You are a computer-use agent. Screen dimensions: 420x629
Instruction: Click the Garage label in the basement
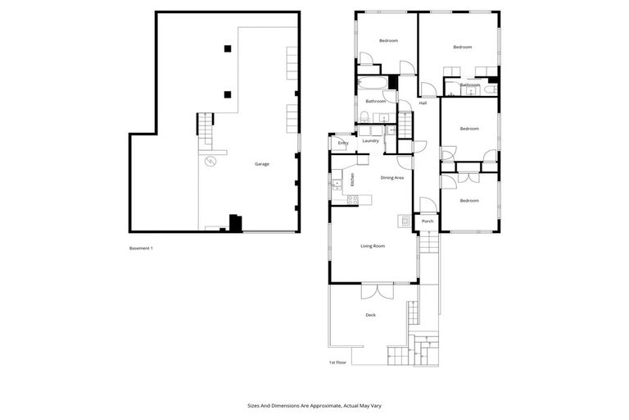tap(261, 164)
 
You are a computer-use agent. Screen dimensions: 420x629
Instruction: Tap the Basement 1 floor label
tap(142, 249)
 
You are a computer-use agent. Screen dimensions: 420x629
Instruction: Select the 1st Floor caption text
tap(337, 362)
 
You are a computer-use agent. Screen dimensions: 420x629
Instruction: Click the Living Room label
tap(373, 245)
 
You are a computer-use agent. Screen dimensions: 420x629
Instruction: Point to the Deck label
tap(370, 315)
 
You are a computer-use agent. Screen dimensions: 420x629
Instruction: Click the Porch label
tap(427, 221)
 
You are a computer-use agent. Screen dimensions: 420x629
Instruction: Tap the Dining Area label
tap(392, 177)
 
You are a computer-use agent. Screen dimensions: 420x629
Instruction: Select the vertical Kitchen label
tap(352, 180)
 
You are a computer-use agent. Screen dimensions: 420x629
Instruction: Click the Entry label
tap(343, 144)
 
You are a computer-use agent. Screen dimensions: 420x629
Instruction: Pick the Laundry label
tap(370, 140)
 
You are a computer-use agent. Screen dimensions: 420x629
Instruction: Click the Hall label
tap(423, 103)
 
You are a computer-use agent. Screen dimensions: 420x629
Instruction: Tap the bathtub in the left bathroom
tap(371, 83)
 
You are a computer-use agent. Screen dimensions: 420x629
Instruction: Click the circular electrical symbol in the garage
tap(210, 161)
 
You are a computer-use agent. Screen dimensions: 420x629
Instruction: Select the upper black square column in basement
tap(227, 49)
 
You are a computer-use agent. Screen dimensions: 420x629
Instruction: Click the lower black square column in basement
tap(227, 93)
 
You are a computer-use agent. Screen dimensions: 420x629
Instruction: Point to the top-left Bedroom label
tap(387, 40)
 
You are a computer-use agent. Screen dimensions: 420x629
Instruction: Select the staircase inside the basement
tap(205, 126)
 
